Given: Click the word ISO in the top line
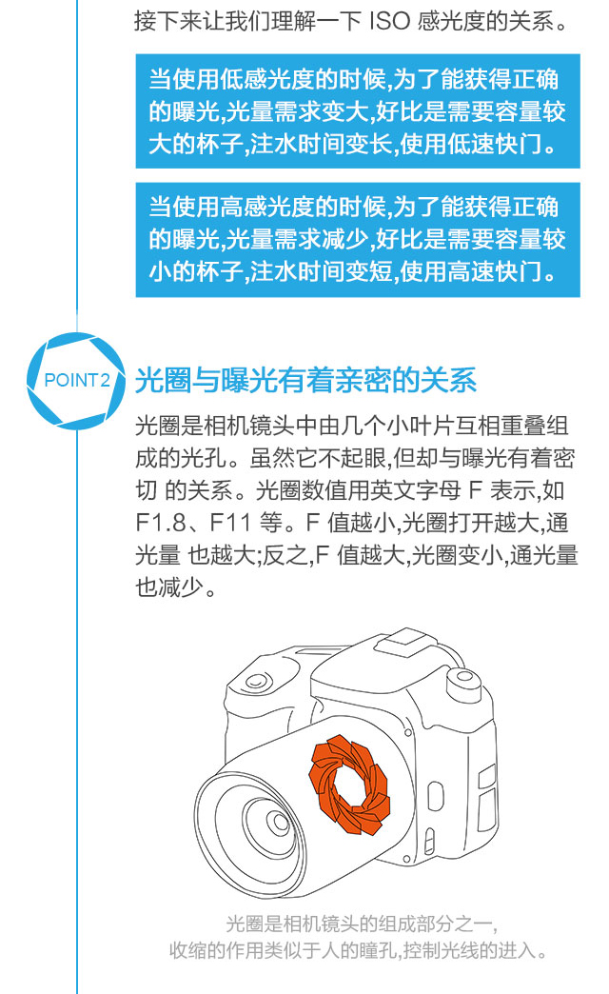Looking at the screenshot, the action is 389,22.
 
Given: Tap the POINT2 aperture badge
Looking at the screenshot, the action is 77,381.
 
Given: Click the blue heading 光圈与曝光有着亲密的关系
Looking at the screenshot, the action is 305,380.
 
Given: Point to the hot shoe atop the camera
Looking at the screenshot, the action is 404,644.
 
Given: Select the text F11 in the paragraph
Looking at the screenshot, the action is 230,523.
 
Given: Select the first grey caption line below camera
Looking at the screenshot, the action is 361,924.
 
